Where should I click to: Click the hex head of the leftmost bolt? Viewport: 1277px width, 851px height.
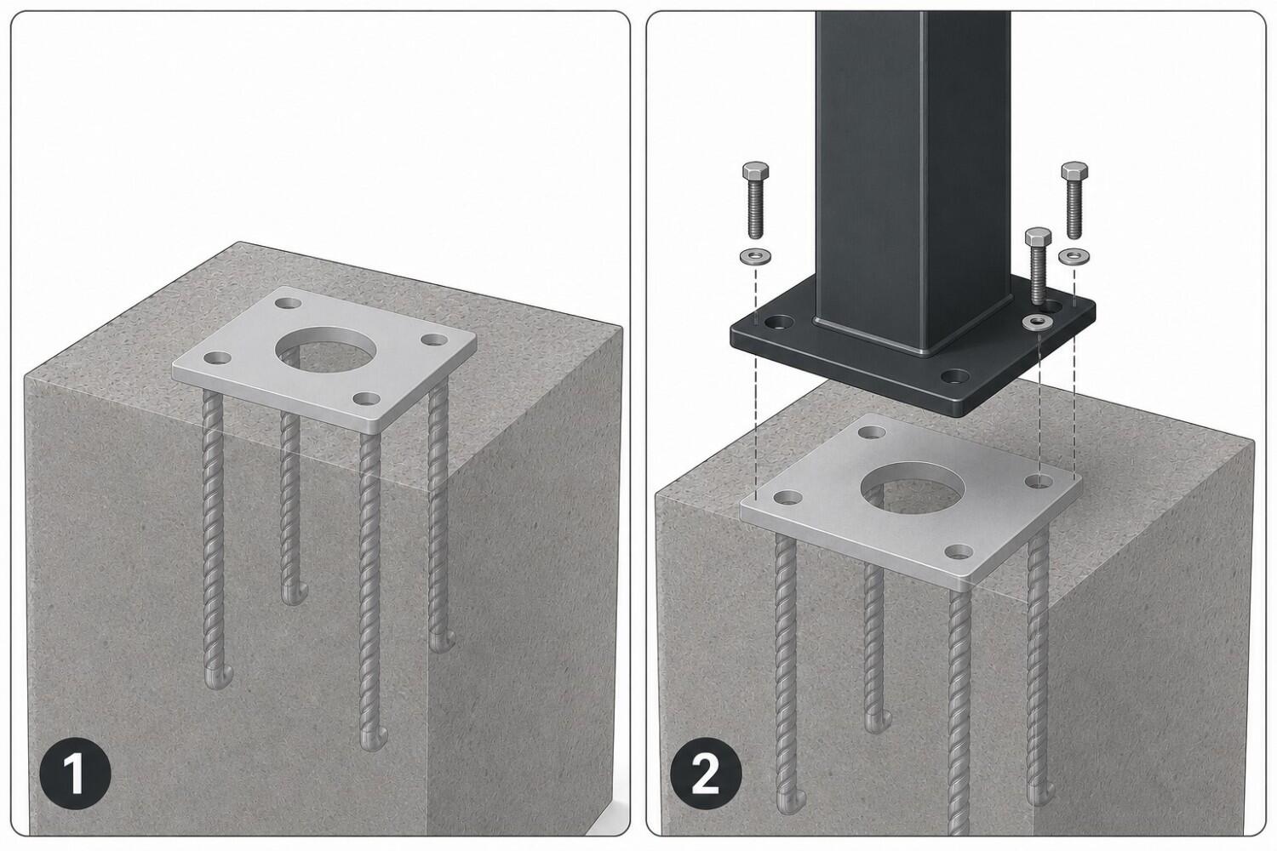tap(755, 170)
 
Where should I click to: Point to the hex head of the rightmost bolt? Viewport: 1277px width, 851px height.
tap(1074, 170)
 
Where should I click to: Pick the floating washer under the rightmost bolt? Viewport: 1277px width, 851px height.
tap(1073, 256)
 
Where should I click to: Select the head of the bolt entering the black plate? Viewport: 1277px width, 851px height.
tap(1038, 237)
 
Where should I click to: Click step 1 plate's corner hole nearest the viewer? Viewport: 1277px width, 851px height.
tap(367, 399)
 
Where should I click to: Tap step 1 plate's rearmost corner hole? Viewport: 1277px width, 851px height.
tap(289, 303)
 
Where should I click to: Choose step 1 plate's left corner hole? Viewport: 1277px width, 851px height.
tap(217, 358)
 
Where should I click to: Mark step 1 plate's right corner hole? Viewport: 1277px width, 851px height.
tap(434, 340)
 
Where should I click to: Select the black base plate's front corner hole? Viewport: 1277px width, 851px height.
tap(955, 376)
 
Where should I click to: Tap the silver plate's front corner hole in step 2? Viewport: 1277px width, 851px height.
tap(959, 551)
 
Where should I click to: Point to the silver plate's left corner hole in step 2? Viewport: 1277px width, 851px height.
tap(787, 498)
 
